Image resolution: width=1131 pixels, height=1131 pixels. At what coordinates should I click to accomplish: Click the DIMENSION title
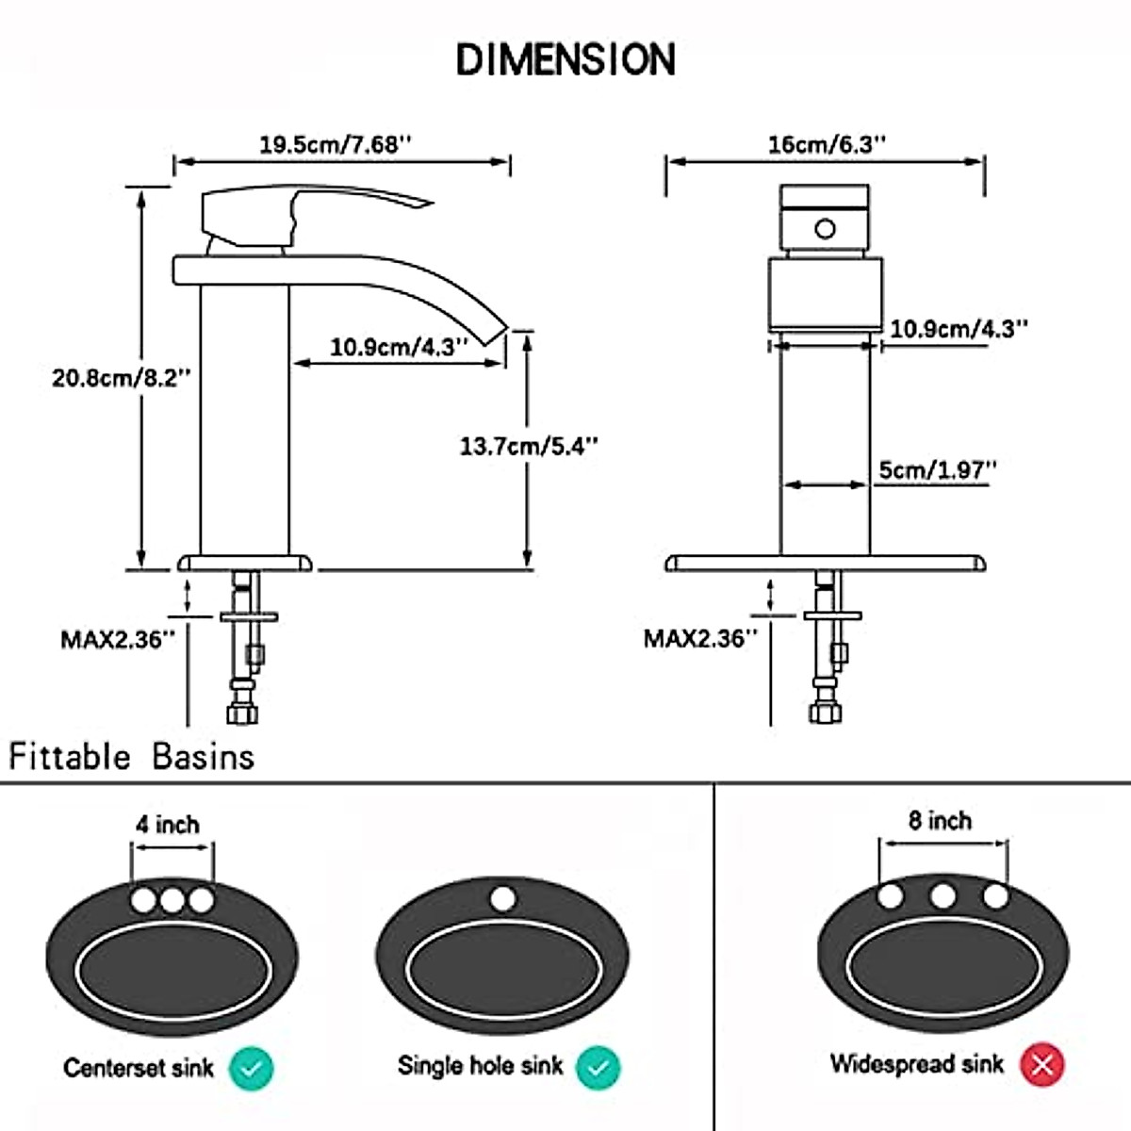pyautogui.click(x=565, y=59)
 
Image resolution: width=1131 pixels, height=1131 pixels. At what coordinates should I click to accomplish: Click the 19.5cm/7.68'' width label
pyautogui.click(x=336, y=144)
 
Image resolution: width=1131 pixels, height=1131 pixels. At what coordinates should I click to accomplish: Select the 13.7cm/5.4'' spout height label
pyautogui.click(x=529, y=446)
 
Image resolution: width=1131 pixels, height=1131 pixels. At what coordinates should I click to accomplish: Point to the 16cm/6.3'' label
pyautogui.click(x=827, y=144)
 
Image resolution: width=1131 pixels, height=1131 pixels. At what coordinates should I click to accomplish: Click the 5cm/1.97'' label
pyautogui.click(x=937, y=469)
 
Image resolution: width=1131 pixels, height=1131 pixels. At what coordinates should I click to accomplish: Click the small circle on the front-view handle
pyautogui.click(x=825, y=229)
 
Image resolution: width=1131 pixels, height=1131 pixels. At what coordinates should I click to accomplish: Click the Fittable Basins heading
pyautogui.click(x=132, y=757)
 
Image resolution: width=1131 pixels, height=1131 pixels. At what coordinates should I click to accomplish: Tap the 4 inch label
pyautogui.click(x=168, y=825)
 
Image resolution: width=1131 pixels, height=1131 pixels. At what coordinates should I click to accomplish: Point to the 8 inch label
pyautogui.click(x=940, y=821)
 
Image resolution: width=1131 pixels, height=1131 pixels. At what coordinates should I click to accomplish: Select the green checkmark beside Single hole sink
pyautogui.click(x=598, y=1068)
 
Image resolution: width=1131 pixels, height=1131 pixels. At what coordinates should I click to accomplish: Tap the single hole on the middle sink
pyautogui.click(x=503, y=898)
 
